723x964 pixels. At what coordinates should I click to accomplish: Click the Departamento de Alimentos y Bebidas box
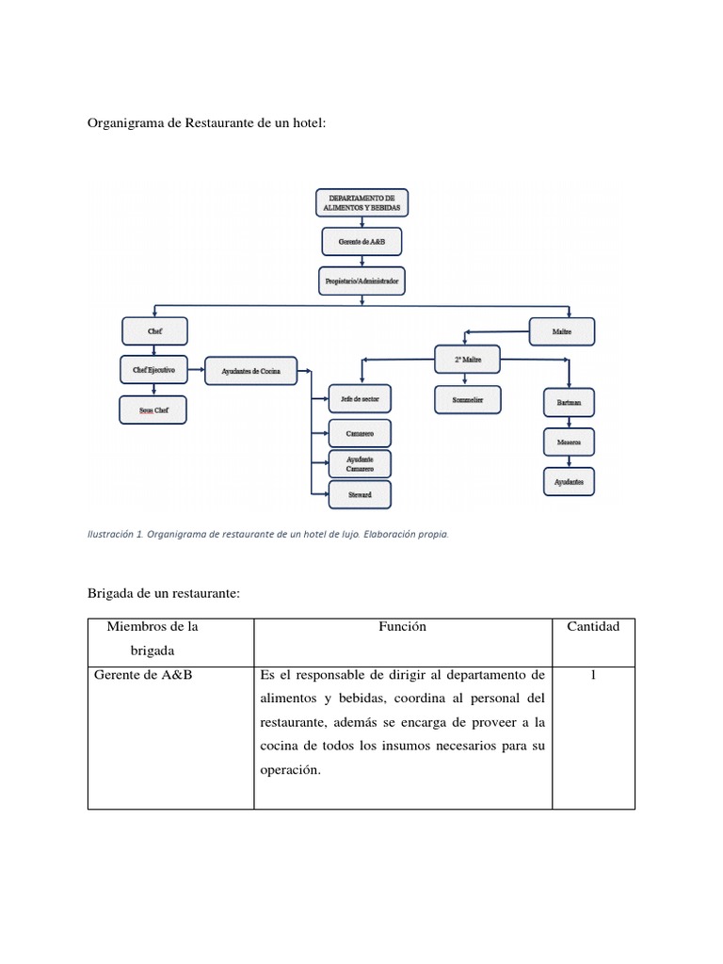pos(361,202)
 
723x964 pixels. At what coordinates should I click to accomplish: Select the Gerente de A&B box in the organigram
pos(361,242)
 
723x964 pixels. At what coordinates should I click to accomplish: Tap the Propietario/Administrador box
pos(361,281)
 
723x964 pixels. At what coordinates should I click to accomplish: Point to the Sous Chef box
pos(153,410)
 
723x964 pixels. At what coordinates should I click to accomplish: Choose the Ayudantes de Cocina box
pos(251,371)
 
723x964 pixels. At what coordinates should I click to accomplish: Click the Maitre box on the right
pos(562,331)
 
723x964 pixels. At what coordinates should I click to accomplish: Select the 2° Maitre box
pos(468,359)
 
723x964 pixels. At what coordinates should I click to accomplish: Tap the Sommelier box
pos(467,400)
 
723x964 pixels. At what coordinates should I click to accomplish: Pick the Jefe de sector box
pos(359,399)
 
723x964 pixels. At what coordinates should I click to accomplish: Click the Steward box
pos(359,494)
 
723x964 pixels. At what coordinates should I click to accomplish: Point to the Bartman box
pos(570,403)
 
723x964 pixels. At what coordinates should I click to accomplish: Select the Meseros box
pos(570,442)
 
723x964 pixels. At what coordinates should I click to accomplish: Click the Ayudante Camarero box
pos(359,464)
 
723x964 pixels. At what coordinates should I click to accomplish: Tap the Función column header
pos(403,627)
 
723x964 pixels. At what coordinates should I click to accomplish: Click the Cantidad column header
pos(593,627)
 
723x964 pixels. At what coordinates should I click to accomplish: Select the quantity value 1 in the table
pos(593,674)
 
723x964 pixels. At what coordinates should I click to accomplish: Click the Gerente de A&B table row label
pos(143,674)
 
